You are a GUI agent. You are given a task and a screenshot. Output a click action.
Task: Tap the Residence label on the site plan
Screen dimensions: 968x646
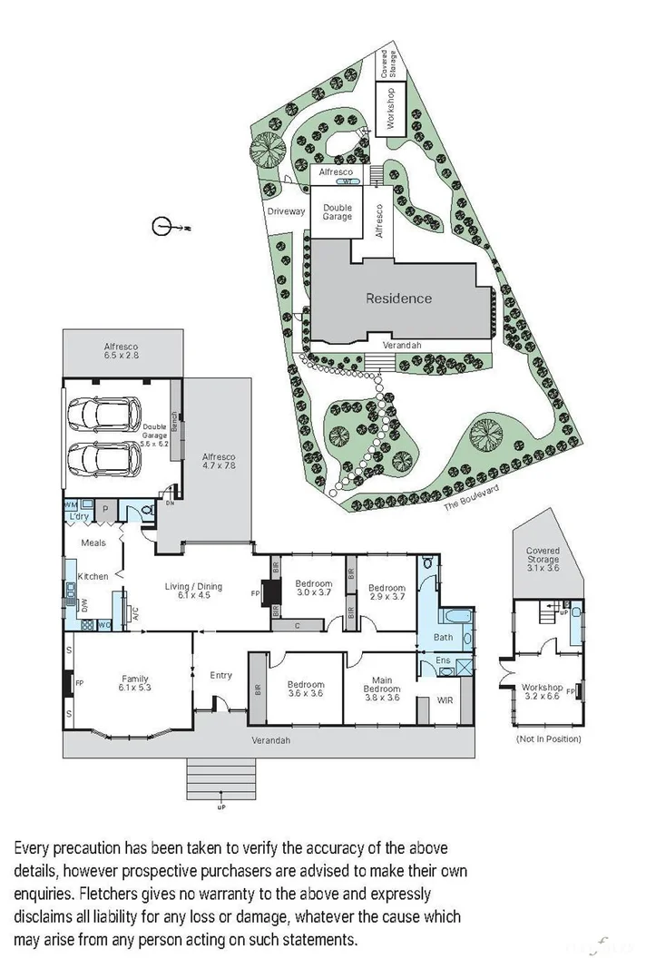point(398,298)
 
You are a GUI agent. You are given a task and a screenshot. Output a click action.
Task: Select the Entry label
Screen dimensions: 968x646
point(221,675)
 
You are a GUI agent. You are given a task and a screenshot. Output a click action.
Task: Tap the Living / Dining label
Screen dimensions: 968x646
point(193,592)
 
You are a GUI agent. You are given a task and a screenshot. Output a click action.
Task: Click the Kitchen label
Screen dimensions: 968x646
point(93,576)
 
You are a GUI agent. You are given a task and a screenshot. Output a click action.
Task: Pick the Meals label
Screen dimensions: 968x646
point(93,543)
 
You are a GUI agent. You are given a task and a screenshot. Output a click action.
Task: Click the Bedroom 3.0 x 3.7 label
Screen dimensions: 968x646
point(315,588)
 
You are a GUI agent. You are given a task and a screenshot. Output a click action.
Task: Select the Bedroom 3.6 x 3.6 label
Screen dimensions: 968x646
point(305,690)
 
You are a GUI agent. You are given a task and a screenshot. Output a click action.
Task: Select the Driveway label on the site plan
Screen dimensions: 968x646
point(286,212)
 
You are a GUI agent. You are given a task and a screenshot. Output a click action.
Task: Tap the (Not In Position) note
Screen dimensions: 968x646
point(548,738)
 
